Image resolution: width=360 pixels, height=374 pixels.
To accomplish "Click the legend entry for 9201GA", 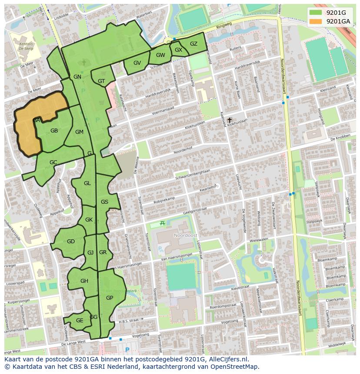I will [x=338, y=21].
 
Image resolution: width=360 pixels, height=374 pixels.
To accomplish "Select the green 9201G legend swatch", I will [x=316, y=13].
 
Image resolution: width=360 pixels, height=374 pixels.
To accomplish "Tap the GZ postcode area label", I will [x=193, y=44].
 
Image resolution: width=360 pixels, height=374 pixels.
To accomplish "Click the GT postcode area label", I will [x=101, y=81].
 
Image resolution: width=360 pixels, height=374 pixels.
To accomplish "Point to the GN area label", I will [x=77, y=77].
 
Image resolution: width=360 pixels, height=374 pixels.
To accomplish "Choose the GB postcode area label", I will [x=54, y=131].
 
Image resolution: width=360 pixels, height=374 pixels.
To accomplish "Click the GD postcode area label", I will [x=70, y=242].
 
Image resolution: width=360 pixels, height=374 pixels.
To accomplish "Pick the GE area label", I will [x=80, y=321].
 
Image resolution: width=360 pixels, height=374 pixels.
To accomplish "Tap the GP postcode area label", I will [x=110, y=298].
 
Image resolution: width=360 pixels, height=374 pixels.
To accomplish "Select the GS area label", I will [x=104, y=202].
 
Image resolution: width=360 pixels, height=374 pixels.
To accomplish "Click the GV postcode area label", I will [x=137, y=63].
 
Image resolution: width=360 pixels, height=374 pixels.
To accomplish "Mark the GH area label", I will [x=84, y=281].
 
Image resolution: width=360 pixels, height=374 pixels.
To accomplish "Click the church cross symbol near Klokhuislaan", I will [x=229, y=120].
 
